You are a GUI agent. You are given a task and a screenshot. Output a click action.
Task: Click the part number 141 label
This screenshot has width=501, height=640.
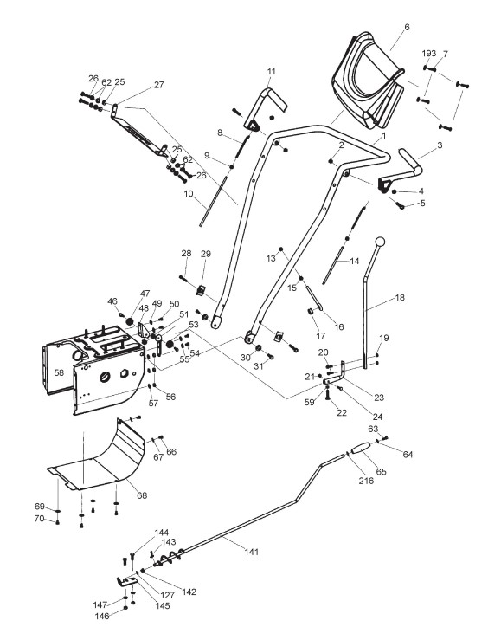(x=252, y=552)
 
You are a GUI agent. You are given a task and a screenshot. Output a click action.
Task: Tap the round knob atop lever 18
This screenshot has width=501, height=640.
(x=380, y=242)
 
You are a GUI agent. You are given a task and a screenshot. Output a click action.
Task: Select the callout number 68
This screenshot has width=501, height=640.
(x=142, y=495)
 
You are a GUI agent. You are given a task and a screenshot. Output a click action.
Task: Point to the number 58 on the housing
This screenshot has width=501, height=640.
(x=59, y=372)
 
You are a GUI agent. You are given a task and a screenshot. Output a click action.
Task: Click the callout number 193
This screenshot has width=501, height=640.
(x=429, y=54)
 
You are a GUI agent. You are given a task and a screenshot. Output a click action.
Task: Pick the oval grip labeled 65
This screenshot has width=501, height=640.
(x=360, y=448)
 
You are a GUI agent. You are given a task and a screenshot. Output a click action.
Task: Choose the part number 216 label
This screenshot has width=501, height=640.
(x=366, y=481)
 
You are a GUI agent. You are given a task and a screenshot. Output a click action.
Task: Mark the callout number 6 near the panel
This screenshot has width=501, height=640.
(x=407, y=27)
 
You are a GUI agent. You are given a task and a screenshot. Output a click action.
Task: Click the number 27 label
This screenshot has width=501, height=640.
(x=158, y=85)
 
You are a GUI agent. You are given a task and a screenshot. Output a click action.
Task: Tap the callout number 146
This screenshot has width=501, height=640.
(x=101, y=616)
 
